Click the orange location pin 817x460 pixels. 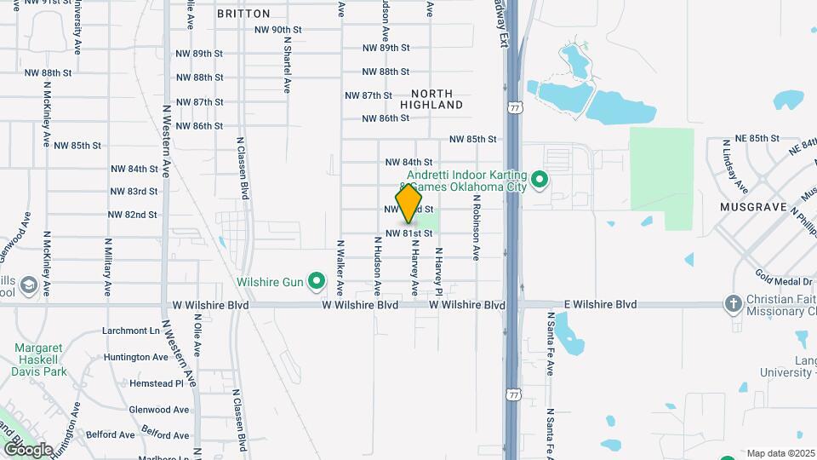[409, 203]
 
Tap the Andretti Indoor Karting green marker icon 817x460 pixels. [538, 181]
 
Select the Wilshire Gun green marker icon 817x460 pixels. [317, 279]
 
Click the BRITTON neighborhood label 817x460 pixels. [243, 14]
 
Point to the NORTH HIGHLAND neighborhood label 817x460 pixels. [437, 99]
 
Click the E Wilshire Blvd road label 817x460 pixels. [601, 304]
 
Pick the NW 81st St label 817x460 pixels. [408, 233]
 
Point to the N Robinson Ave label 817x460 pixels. [477, 230]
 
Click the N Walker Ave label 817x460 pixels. [340, 266]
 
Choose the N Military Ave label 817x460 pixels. [109, 266]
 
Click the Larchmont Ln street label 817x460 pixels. [131, 331]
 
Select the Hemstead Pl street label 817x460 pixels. [157, 383]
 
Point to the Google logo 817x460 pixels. [27, 450]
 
